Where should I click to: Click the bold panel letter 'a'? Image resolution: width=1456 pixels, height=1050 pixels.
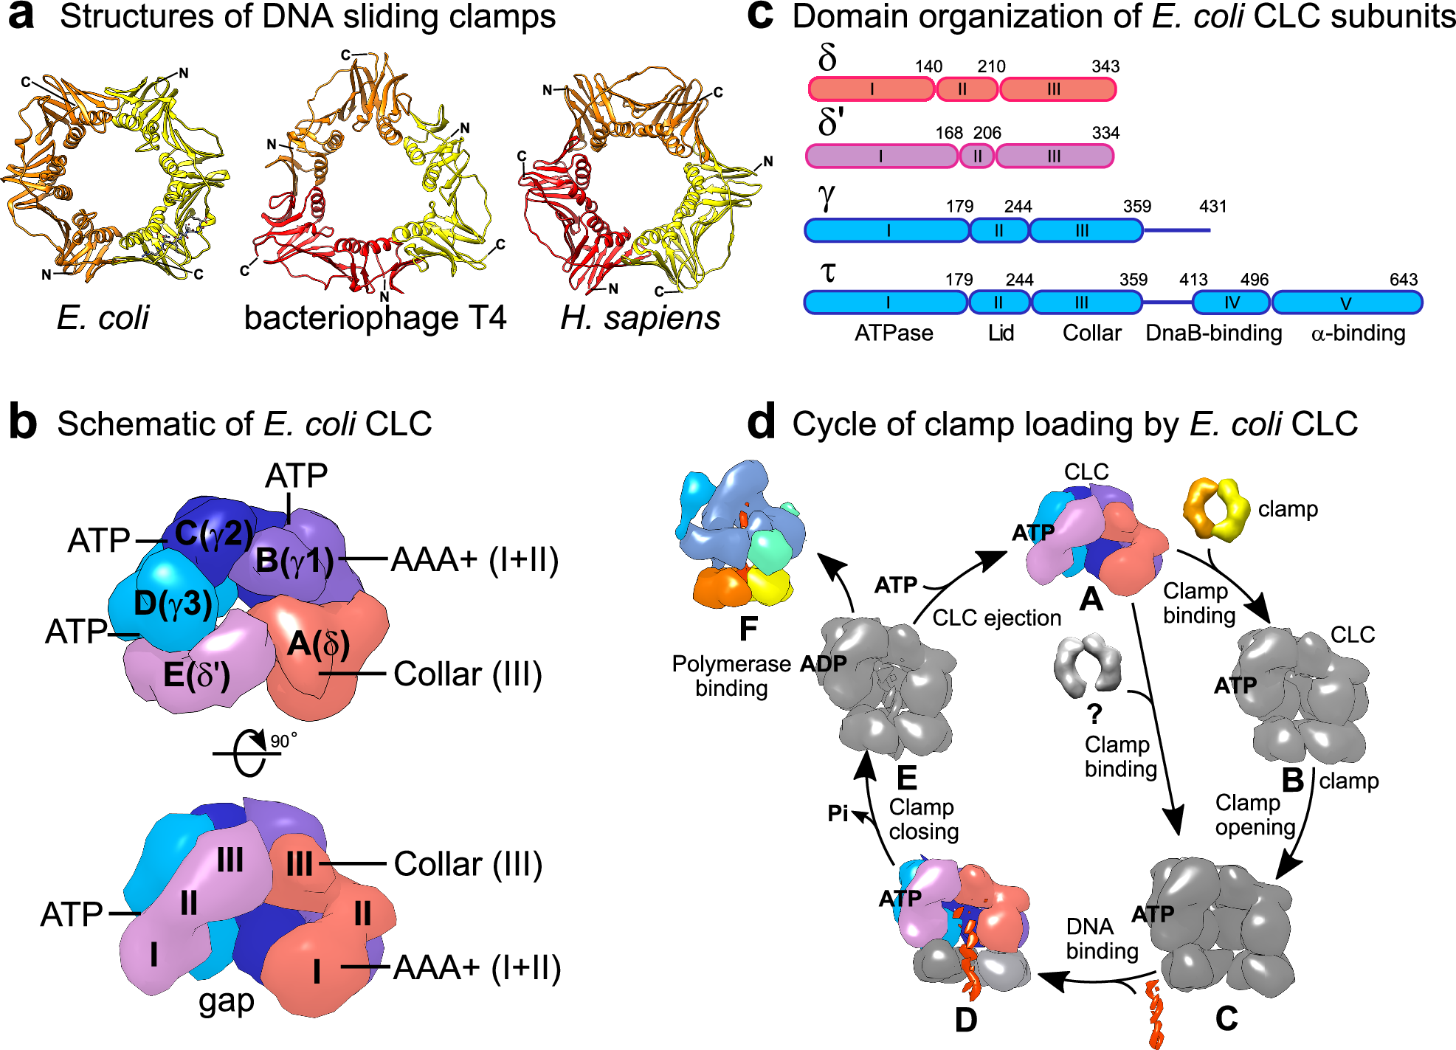click(22, 16)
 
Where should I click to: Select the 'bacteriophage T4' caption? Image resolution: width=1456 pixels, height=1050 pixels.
click(375, 318)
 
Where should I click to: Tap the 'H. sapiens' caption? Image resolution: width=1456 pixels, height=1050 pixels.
click(640, 318)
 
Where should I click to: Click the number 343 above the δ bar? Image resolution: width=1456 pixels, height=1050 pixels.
click(1105, 66)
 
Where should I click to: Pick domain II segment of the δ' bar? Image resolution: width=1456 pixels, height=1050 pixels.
click(977, 156)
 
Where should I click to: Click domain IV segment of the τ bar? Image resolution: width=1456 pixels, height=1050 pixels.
click(1231, 303)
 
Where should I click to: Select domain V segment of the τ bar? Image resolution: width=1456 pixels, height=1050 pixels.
click(1346, 303)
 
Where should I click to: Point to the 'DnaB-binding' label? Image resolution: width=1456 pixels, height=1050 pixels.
click(1213, 334)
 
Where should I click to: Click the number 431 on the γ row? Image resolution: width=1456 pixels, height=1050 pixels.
click(1212, 207)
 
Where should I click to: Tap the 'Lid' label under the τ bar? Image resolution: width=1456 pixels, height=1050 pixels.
click(1001, 334)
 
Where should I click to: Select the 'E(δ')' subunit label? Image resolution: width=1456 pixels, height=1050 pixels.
click(196, 674)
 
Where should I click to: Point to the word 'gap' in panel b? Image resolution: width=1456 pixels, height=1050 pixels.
click(226, 1001)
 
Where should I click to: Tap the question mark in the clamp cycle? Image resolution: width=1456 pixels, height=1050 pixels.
click(1094, 714)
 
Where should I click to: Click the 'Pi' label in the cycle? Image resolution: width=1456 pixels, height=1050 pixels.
click(838, 813)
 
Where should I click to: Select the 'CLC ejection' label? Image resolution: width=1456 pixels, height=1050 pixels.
click(996, 618)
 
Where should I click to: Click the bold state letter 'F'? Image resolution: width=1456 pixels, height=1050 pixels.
click(748, 629)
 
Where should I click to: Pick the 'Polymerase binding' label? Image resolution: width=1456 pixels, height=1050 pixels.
click(731, 676)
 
